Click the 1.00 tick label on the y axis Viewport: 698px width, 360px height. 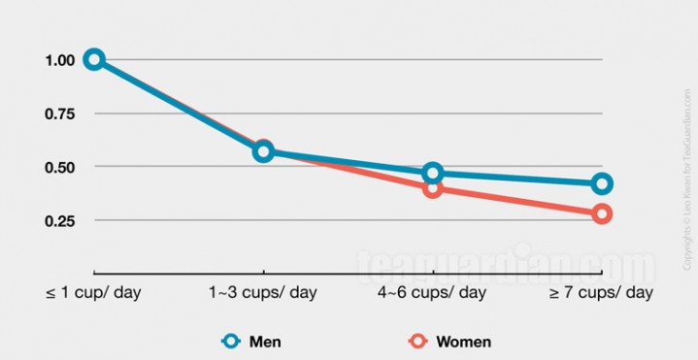(x=59, y=60)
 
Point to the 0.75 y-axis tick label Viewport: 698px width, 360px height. (x=59, y=114)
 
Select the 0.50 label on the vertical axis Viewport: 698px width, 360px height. (x=59, y=167)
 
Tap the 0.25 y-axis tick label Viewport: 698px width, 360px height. (x=59, y=220)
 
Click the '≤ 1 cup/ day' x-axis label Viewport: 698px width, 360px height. (x=93, y=292)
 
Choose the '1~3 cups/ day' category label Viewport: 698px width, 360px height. (x=263, y=292)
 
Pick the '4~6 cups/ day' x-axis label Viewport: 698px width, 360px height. (x=433, y=292)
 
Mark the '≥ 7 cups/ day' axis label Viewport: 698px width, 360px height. (x=602, y=292)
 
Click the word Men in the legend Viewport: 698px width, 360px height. (x=265, y=342)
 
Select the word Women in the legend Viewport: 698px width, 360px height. (x=463, y=342)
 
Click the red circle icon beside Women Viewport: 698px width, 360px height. (x=418, y=342)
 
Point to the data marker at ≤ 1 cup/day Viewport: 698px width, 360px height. (x=94, y=59)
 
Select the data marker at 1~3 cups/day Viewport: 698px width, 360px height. (x=263, y=151)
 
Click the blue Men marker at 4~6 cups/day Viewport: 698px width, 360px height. (x=433, y=174)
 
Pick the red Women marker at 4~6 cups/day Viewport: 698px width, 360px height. (x=433, y=188)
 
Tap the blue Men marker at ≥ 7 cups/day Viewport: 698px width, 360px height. (x=602, y=183)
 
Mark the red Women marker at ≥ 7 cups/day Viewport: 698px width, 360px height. (x=602, y=213)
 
